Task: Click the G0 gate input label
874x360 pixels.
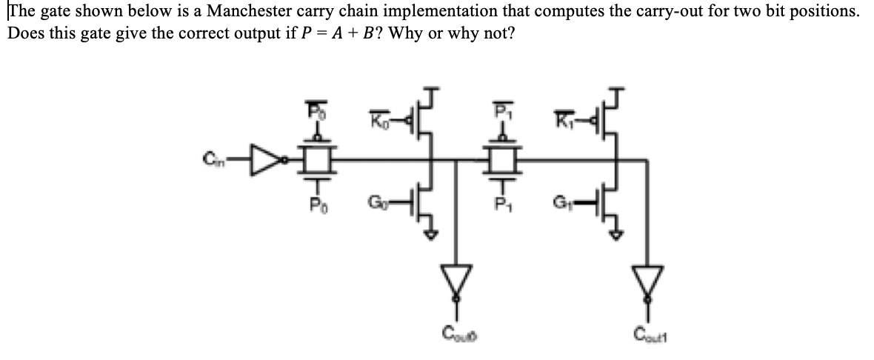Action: point(376,201)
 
